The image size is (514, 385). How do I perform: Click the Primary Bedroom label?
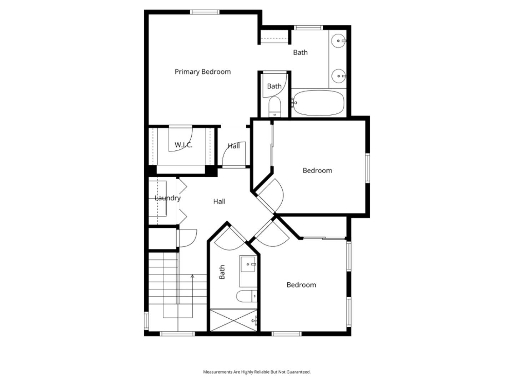click(202, 72)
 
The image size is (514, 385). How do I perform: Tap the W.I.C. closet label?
click(183, 145)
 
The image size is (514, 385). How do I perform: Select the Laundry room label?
click(167, 198)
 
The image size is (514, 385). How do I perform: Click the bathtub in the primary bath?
click(318, 103)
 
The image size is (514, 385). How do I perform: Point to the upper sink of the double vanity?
click(338, 41)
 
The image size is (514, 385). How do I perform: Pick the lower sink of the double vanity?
click(338, 76)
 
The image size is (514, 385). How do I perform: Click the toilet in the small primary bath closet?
click(274, 107)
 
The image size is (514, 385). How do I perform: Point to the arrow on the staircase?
click(192, 276)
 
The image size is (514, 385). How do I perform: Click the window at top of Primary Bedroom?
click(205, 12)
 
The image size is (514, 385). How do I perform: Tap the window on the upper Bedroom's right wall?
click(367, 168)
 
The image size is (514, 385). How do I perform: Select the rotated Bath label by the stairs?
click(222, 272)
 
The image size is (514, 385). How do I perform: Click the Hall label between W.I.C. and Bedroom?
click(234, 146)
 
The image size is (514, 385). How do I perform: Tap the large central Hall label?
click(219, 201)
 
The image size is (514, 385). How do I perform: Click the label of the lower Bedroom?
click(301, 285)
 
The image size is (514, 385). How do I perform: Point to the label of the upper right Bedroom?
click(317, 170)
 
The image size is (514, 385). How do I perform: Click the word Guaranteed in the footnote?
click(299, 372)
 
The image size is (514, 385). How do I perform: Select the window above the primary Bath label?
click(308, 27)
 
